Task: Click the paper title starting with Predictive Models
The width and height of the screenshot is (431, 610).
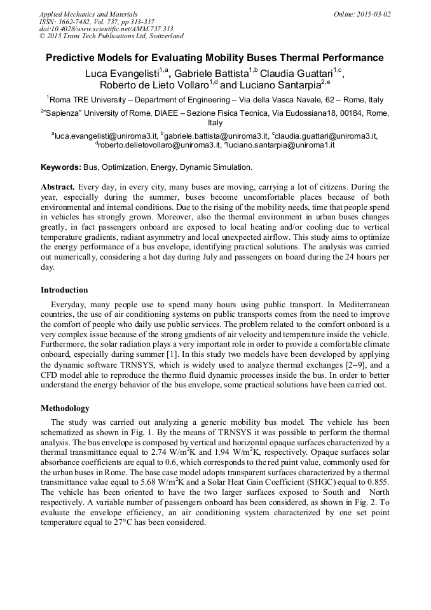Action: tap(215, 58)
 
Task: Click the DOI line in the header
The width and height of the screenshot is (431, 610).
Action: tap(106, 29)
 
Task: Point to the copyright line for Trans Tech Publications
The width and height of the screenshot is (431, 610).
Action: tap(111, 37)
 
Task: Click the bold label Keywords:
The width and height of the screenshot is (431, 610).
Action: tap(61, 167)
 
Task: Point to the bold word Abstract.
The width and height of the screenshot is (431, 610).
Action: tap(58, 187)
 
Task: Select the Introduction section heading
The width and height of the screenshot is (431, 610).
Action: tap(64, 290)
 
